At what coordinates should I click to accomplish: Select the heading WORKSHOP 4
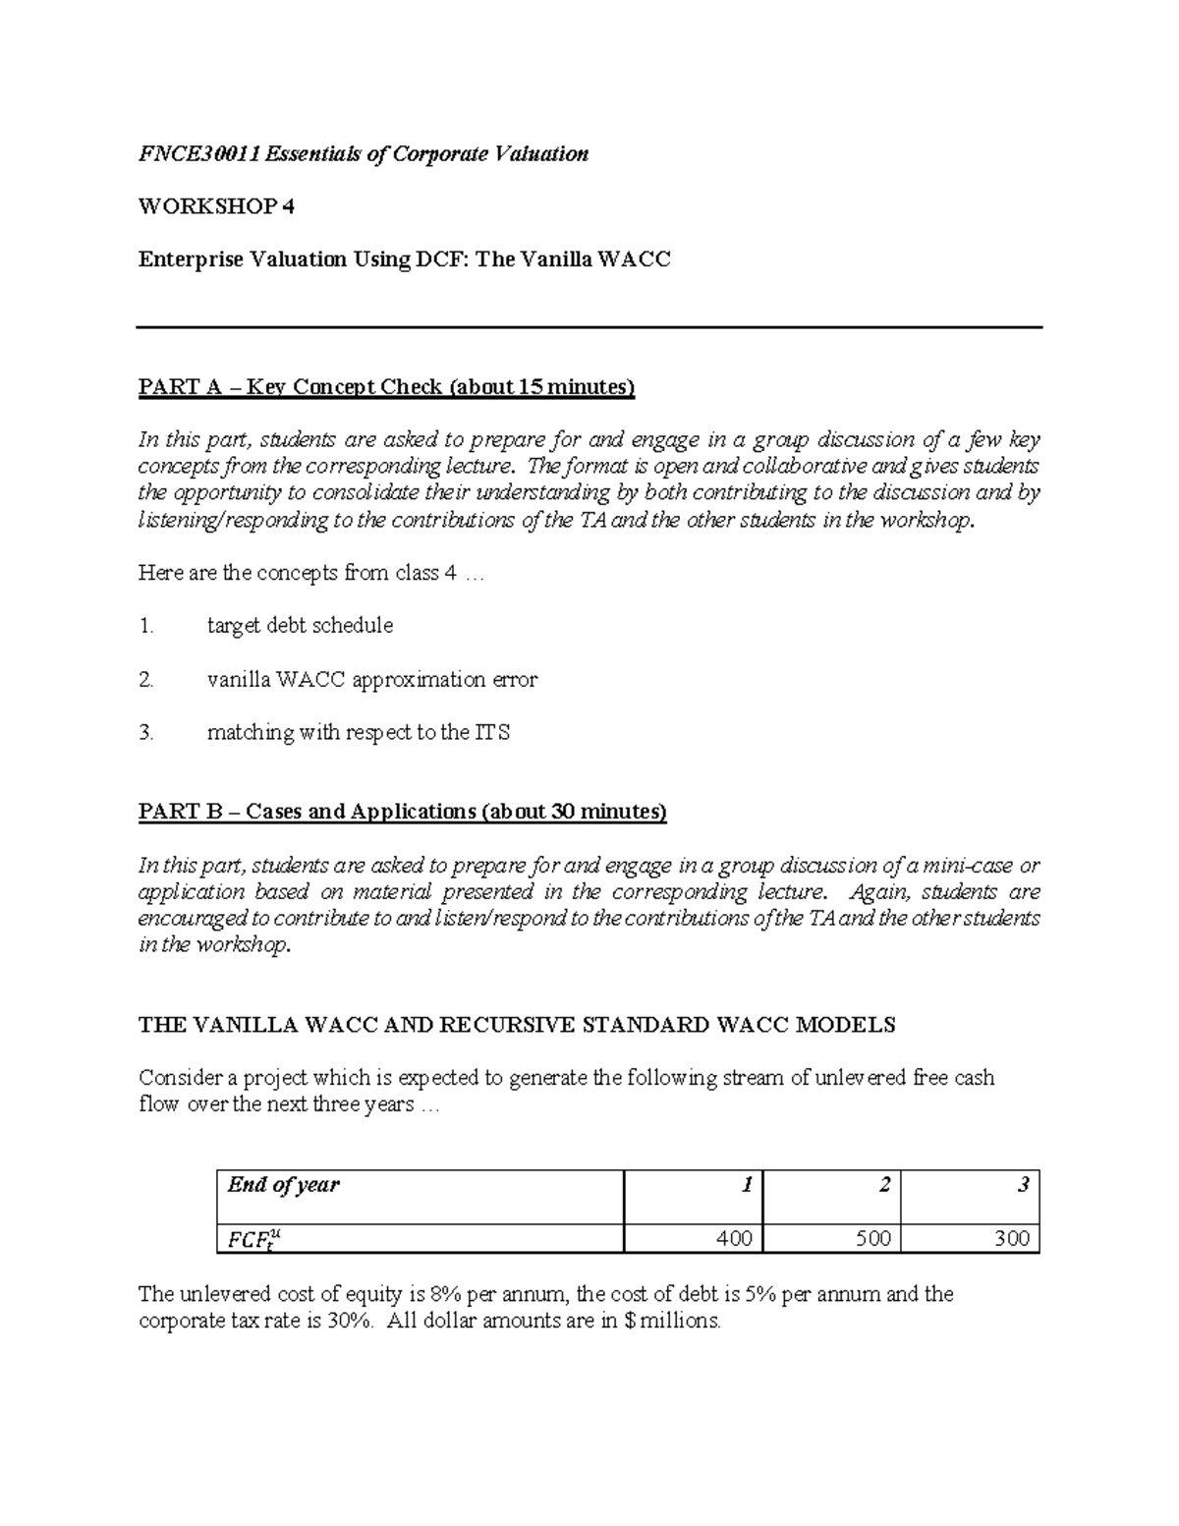click(x=215, y=206)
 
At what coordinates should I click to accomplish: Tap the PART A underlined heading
click(x=386, y=387)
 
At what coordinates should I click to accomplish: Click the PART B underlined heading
click(x=402, y=812)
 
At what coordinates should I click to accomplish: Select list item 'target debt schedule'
click(x=300, y=626)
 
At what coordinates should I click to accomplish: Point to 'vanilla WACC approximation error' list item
click(x=371, y=679)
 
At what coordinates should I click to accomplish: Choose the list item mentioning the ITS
click(x=358, y=732)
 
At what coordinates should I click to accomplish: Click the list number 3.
click(x=145, y=732)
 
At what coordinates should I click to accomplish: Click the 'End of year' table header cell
click(x=420, y=1197)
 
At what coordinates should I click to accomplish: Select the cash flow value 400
click(x=734, y=1239)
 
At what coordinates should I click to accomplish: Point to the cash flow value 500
click(x=872, y=1239)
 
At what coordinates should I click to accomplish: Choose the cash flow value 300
click(x=1011, y=1239)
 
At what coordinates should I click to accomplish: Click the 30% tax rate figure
click(x=352, y=1322)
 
